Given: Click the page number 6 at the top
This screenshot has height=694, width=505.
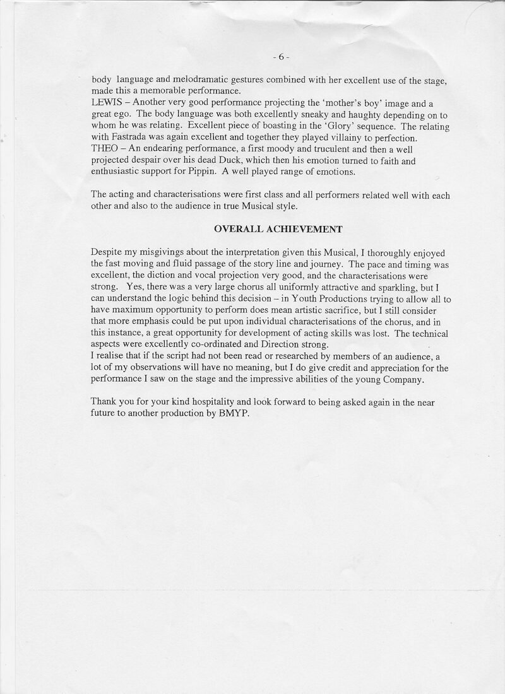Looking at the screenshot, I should pos(281,57).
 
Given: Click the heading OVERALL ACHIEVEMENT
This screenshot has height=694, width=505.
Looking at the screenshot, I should pos(278,229).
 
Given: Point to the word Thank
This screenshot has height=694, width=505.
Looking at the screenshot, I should pos(104,402).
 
